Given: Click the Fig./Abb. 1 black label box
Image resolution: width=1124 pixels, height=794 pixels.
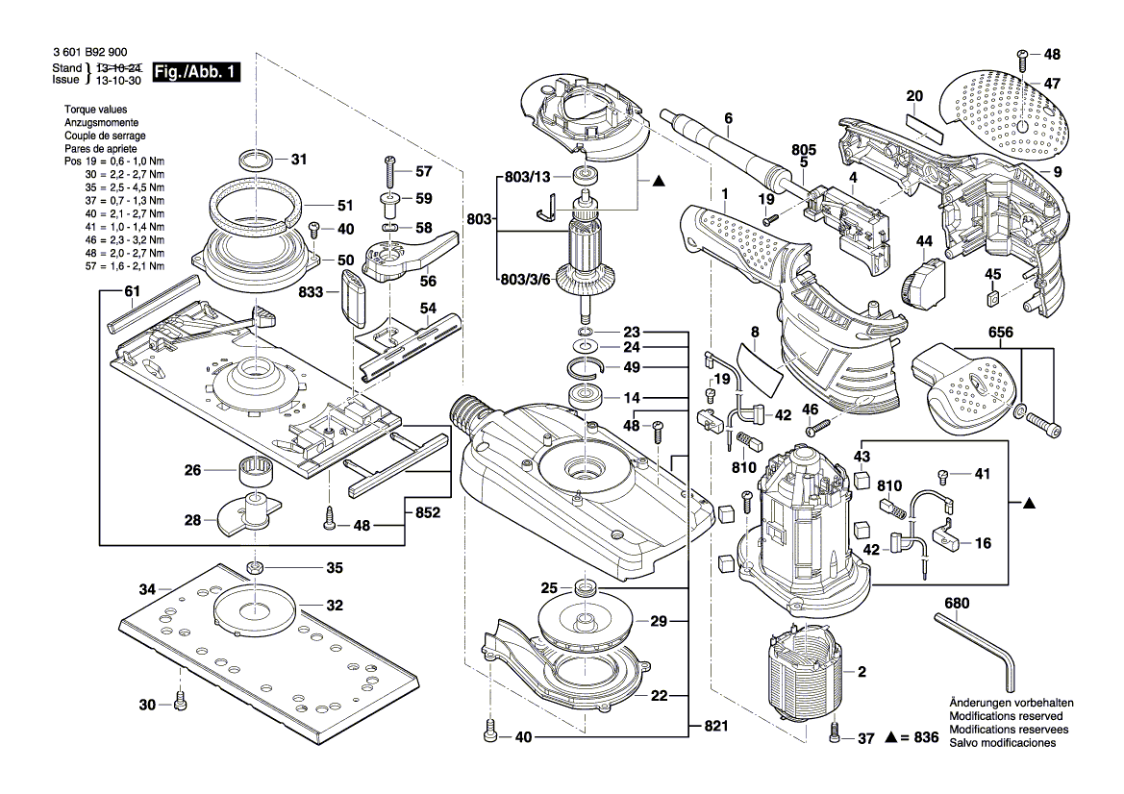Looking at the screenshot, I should [x=197, y=73].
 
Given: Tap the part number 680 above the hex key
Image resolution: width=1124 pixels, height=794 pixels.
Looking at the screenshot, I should [x=957, y=604].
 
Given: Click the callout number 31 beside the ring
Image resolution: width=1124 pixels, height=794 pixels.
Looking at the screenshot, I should [x=298, y=160].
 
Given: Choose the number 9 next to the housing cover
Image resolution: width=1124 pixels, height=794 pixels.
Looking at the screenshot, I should [x=1057, y=173].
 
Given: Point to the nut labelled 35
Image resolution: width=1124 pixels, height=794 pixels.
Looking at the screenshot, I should [x=256, y=567].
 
